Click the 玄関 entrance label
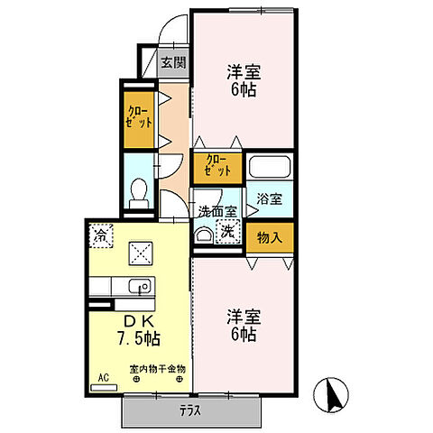click(x=174, y=63)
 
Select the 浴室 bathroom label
click(x=269, y=198)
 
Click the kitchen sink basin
click(x=139, y=288)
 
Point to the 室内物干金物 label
click(x=158, y=369)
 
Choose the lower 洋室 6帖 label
click(x=243, y=326)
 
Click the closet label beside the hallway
click(x=140, y=115)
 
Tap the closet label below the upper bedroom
click(x=216, y=165)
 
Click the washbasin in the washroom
click(x=206, y=234)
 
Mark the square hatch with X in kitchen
click(x=140, y=253)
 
